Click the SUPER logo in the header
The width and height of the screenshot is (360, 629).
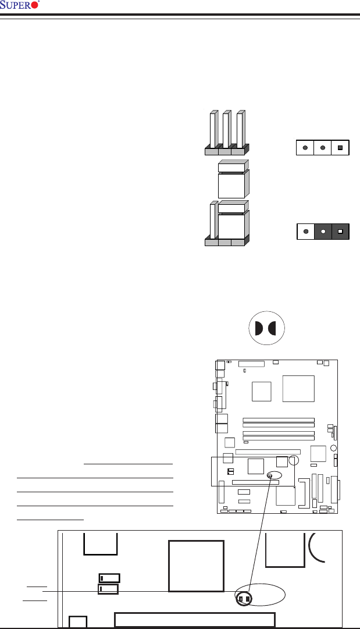20,6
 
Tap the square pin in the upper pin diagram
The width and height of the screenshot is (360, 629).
340,148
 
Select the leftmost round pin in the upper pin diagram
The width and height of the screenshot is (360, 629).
305,148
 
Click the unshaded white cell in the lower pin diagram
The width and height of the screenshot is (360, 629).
305,232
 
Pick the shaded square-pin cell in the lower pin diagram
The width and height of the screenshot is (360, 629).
340,232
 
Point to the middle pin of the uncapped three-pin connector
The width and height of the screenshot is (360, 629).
226,129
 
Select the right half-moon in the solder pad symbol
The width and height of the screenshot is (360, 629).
273,328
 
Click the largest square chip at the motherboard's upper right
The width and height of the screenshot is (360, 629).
298,388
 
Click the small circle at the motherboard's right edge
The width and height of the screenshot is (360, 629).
333,448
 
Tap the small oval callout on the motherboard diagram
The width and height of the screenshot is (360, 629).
270,475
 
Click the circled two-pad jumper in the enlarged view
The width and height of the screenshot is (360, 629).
244,598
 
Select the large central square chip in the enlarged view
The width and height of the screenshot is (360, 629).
196,566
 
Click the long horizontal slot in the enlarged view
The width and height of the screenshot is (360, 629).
195,619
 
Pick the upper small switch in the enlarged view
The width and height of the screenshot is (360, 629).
109,578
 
